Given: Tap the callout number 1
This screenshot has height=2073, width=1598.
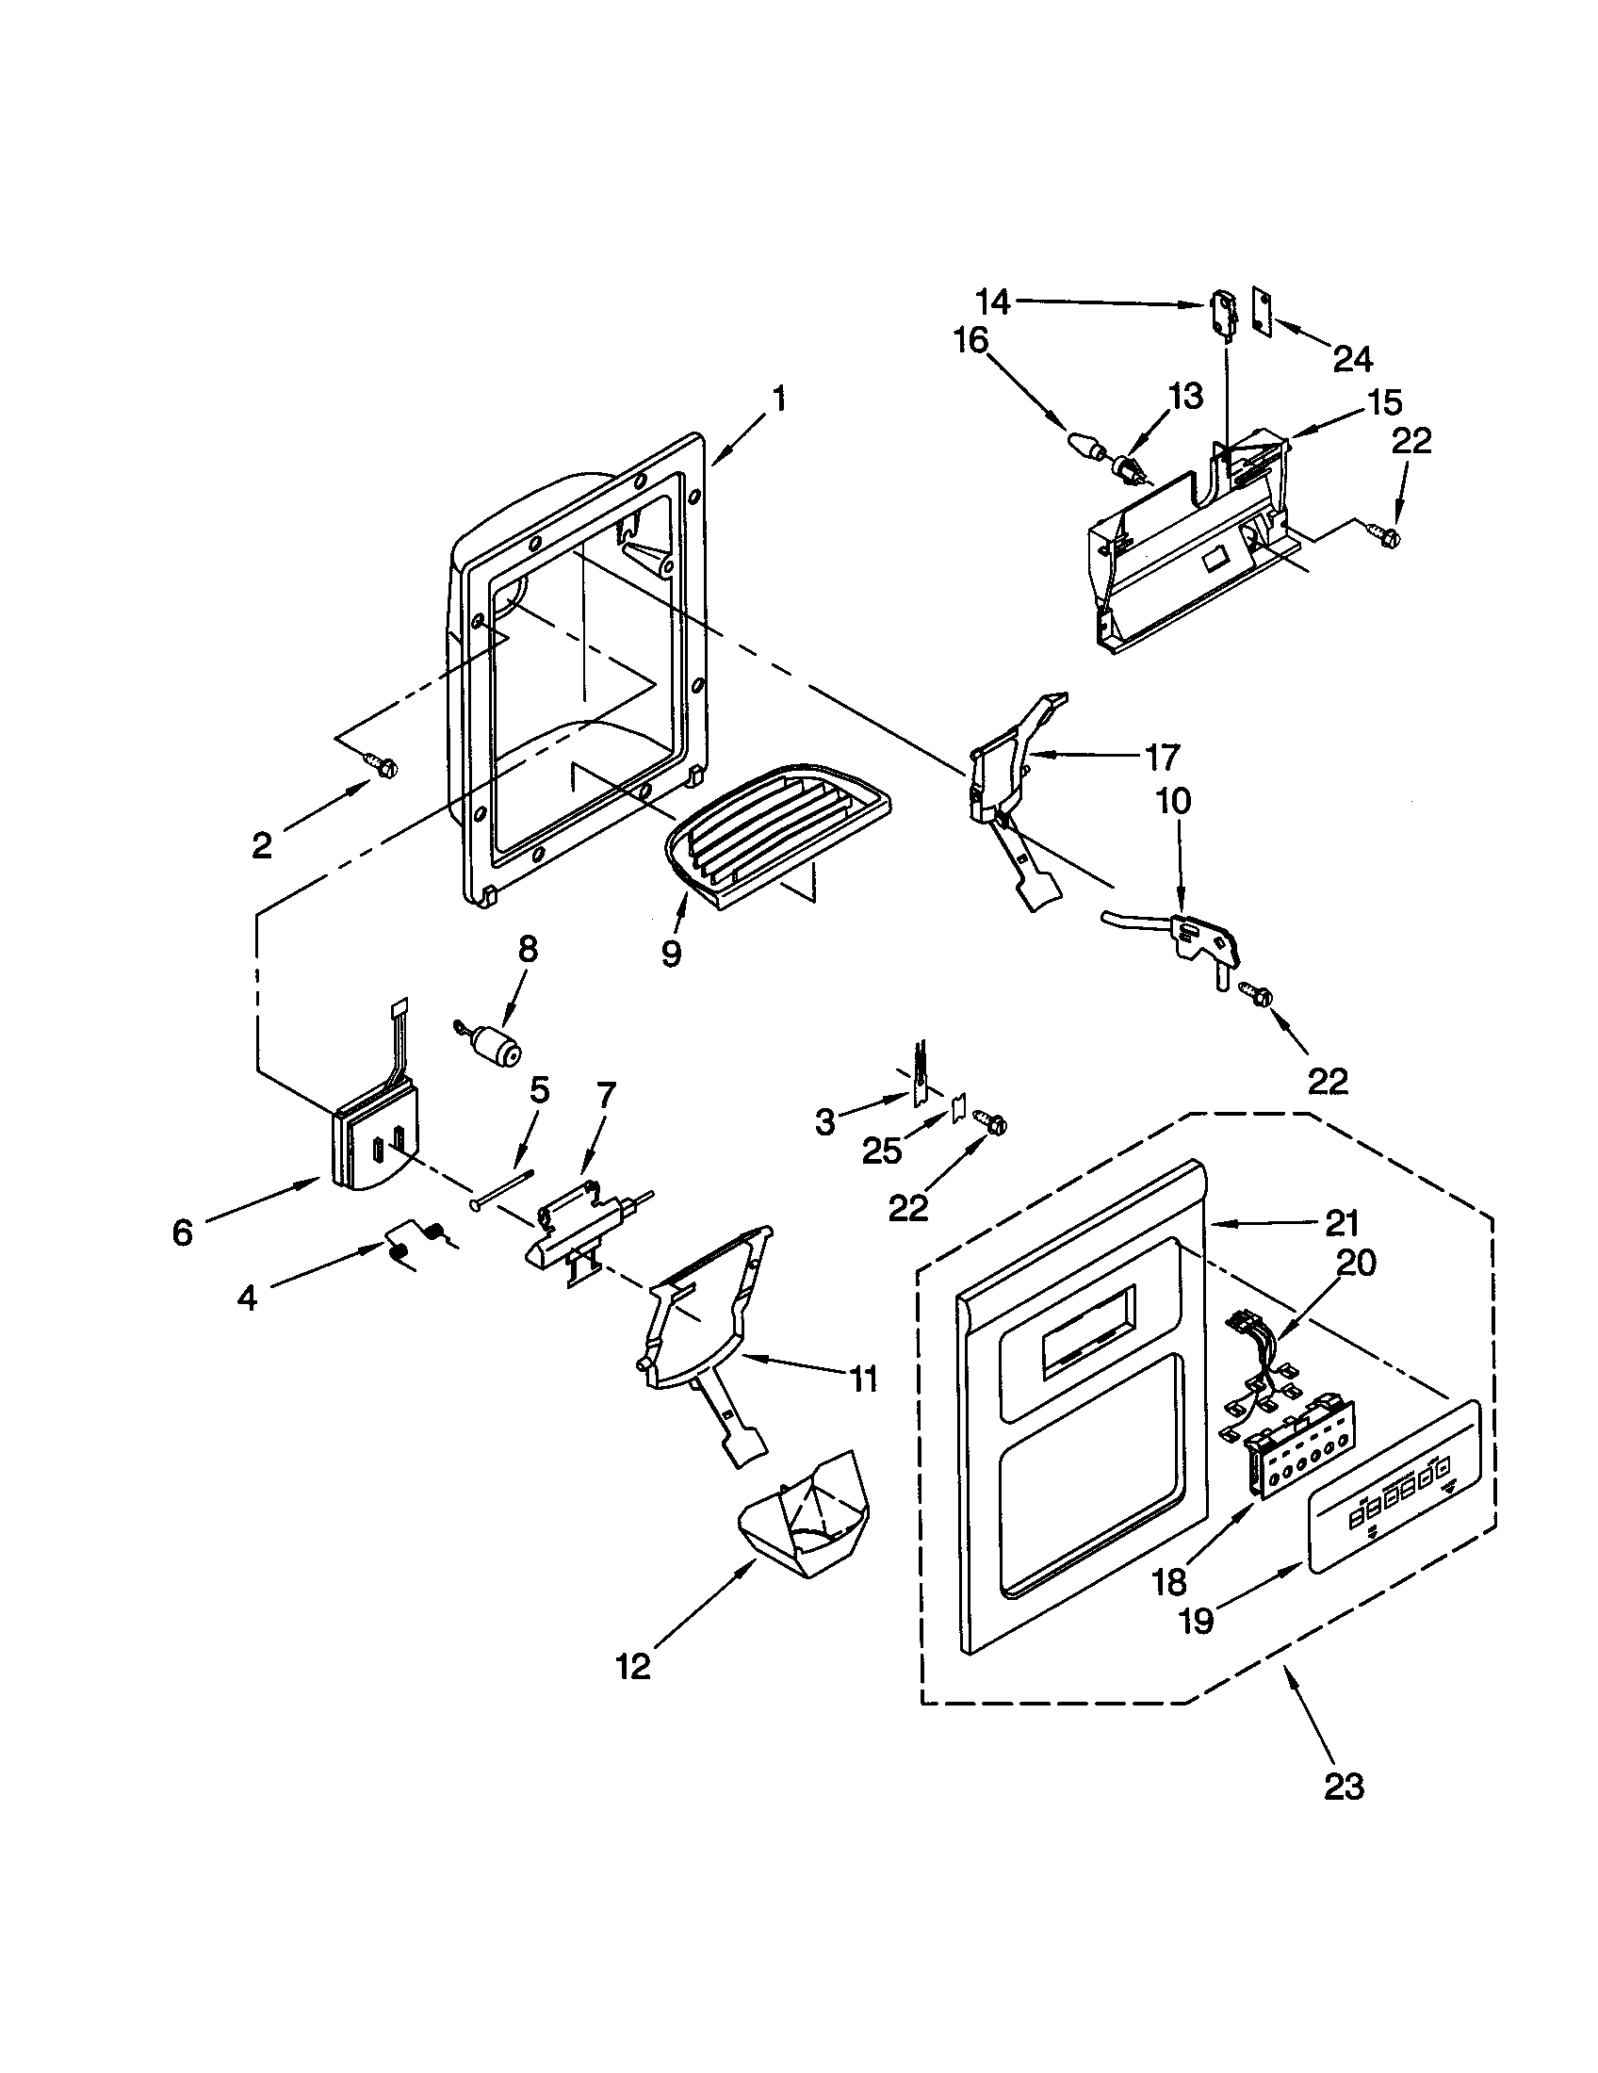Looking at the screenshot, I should pyautogui.click(x=778, y=400).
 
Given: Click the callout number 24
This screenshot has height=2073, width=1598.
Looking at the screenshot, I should pyautogui.click(x=1352, y=359).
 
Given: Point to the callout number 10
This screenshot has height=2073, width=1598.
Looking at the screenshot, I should pyautogui.click(x=1173, y=800).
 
